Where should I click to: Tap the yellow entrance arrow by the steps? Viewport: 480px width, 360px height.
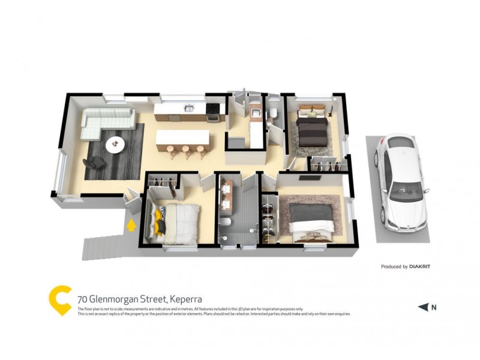(x=130, y=226)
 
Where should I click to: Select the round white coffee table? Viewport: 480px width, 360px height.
(x=115, y=144)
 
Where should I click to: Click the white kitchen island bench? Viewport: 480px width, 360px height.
(x=183, y=139)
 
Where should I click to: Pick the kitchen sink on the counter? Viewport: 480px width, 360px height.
(x=188, y=109)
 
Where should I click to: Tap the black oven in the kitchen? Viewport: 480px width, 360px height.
(x=213, y=111)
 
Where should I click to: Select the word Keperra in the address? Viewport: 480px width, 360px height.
(x=185, y=299)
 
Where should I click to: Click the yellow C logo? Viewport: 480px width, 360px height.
(x=60, y=299)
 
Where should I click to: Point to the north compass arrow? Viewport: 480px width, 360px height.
(x=424, y=307)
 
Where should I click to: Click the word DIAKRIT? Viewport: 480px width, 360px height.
(x=421, y=266)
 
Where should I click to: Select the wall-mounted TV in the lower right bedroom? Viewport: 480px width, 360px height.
(x=310, y=178)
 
